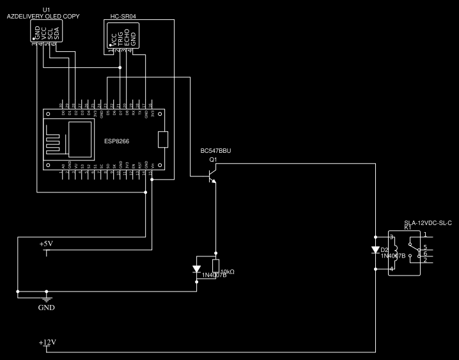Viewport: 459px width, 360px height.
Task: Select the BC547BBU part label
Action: click(x=215, y=151)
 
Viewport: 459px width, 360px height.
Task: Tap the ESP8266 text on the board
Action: click(x=116, y=141)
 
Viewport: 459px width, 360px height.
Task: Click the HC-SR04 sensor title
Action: click(x=123, y=16)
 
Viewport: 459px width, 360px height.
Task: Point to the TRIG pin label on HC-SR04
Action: click(x=120, y=38)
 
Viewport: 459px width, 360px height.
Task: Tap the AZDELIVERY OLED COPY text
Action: click(x=43, y=16)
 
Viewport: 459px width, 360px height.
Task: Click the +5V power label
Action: click(x=46, y=244)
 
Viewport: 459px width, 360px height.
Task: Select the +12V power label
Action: click(x=47, y=342)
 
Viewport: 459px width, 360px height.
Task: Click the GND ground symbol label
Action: click(x=46, y=307)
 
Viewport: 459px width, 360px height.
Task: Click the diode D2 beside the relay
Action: click(x=375, y=250)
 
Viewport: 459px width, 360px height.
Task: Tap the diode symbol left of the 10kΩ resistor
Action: click(x=197, y=269)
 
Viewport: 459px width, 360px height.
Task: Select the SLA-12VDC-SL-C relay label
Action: click(x=428, y=223)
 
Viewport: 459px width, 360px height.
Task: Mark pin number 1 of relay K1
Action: click(x=424, y=235)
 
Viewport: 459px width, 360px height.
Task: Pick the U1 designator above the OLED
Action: click(x=45, y=10)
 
